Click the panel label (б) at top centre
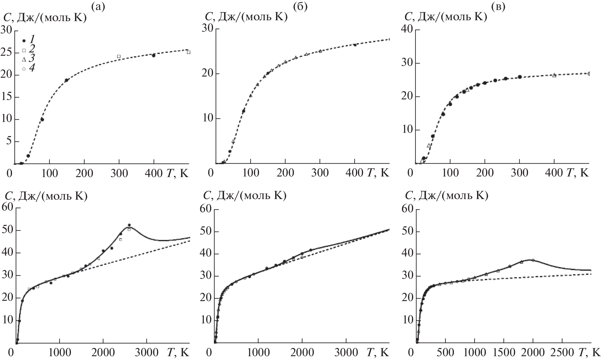300,6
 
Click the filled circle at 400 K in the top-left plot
154,55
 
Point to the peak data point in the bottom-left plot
129,225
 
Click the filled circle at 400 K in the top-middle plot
355,45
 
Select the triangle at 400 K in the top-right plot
554,75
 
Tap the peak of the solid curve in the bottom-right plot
530,259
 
